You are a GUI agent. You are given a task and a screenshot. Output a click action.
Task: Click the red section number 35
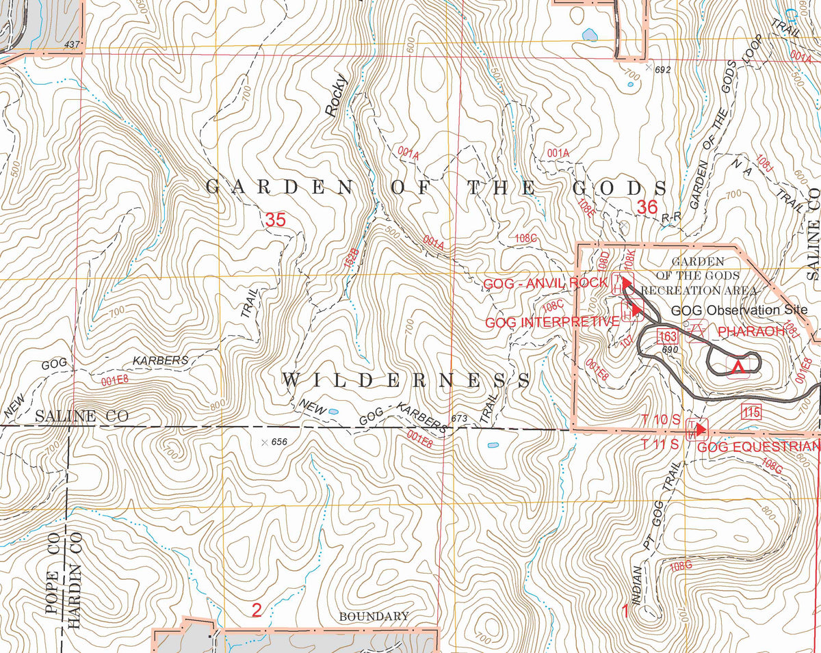tap(274, 219)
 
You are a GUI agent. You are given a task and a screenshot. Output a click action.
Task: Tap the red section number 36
tap(647, 206)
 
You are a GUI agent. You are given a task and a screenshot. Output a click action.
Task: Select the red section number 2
tap(257, 610)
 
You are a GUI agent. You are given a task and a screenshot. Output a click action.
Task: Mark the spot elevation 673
tap(458, 418)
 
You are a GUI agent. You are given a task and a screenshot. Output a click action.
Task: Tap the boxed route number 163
tap(667, 335)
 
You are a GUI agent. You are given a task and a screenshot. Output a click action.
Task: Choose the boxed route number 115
tap(751, 412)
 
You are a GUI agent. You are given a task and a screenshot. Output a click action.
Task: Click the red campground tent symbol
tap(738, 368)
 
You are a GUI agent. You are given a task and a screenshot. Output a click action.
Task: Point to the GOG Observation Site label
tap(725, 310)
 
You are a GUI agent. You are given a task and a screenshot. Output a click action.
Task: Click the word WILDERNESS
tap(406, 380)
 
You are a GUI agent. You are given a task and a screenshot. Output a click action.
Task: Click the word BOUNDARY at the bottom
tap(374, 616)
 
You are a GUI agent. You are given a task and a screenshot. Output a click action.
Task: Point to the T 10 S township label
tap(660, 418)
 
